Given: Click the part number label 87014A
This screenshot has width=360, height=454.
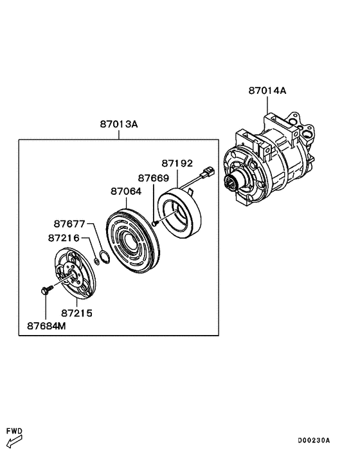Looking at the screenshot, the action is (267, 91).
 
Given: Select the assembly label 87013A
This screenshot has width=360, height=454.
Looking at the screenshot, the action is (119, 124).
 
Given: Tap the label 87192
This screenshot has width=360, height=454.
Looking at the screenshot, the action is (177, 163).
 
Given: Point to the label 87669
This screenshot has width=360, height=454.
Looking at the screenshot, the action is (154, 177).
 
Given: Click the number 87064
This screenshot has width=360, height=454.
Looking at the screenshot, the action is (126, 192).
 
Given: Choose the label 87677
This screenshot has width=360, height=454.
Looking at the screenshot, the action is (69, 224).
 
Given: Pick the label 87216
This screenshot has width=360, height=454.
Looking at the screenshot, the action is (64, 238).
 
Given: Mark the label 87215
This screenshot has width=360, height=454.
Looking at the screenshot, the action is (76, 313).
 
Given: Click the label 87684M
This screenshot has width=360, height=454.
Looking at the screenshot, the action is (46, 326).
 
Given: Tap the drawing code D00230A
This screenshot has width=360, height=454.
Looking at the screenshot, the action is (314, 440).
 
